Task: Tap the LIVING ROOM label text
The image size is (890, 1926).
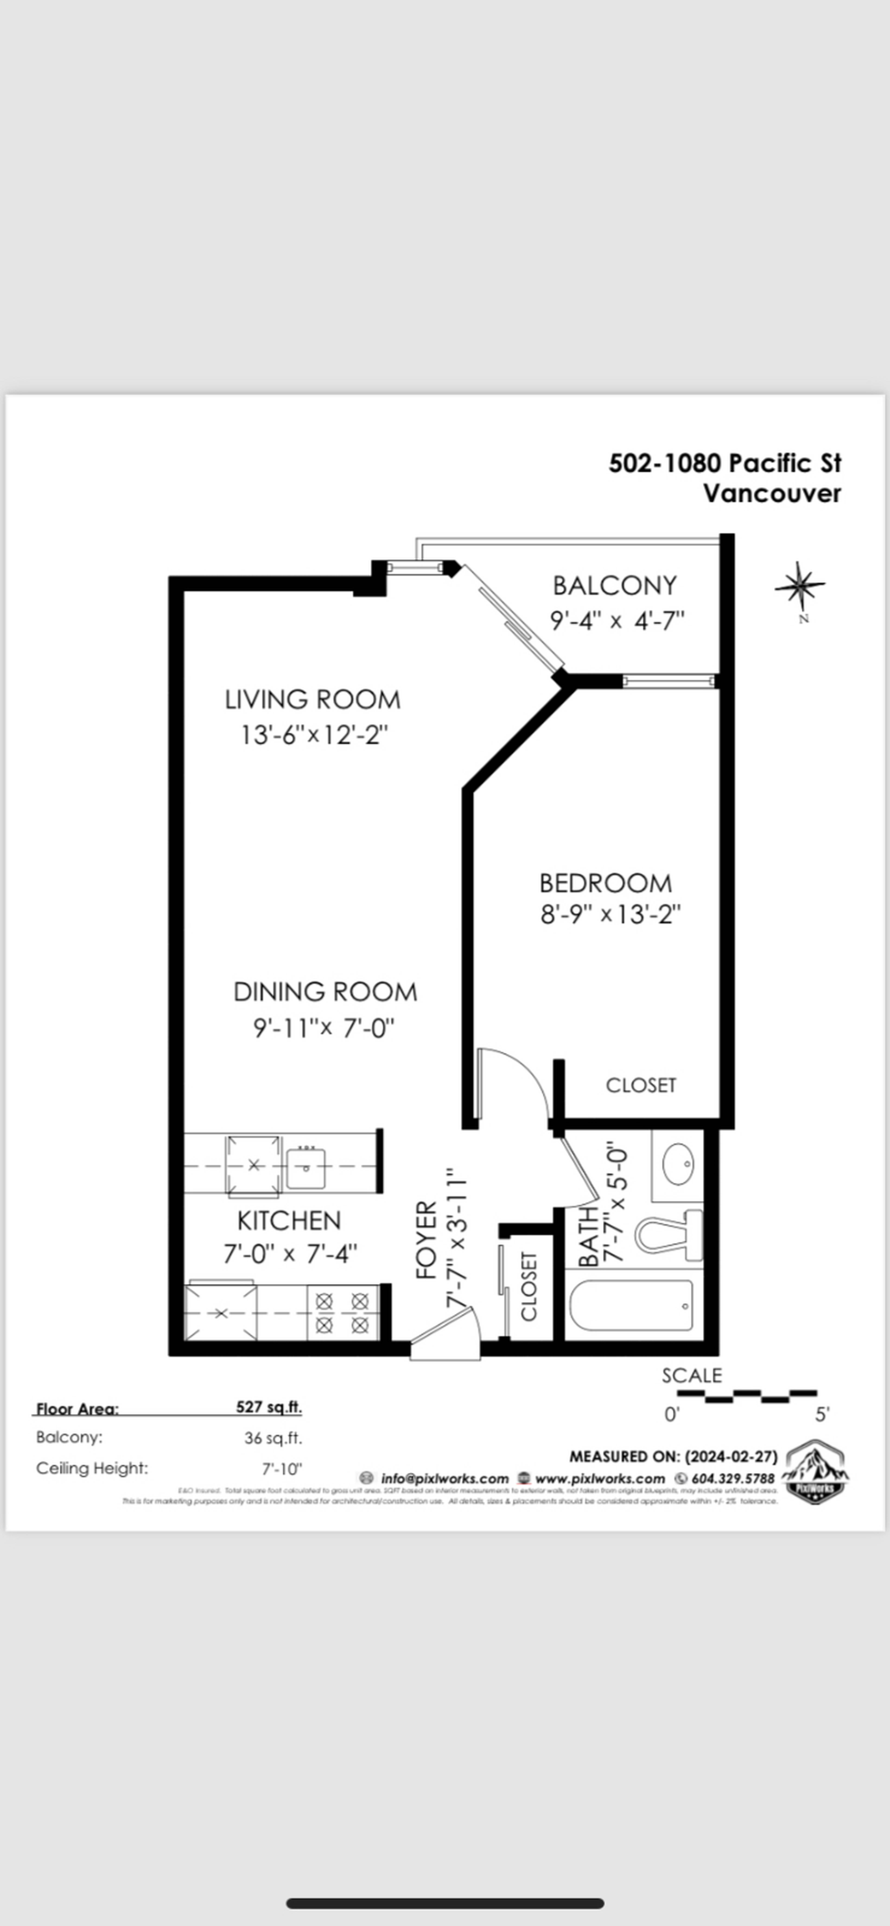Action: click(313, 700)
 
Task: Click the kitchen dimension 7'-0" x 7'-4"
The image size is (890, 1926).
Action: click(290, 1253)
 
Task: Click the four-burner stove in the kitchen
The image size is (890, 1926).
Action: click(342, 1313)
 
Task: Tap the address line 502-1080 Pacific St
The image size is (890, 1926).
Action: click(724, 464)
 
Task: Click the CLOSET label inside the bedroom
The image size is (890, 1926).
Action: click(640, 1085)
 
